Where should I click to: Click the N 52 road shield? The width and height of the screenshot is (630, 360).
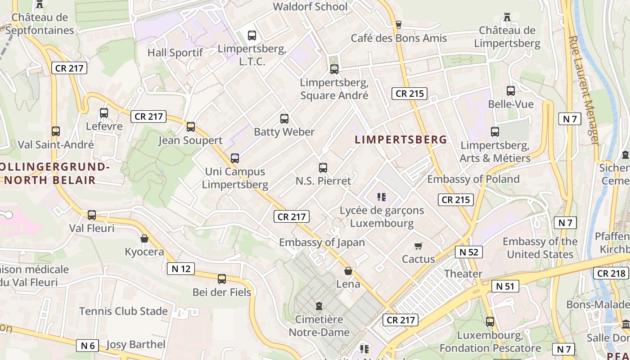pos(469,252)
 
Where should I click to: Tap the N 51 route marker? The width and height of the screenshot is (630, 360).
pos(505,286)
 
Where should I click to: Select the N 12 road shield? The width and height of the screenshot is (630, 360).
pos(181,269)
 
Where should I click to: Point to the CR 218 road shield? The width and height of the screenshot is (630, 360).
pos(612,273)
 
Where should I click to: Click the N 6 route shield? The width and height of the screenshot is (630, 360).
pos(88,345)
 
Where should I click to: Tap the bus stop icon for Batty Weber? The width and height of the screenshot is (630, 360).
pos(284,119)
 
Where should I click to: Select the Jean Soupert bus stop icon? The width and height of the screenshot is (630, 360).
pos(191,127)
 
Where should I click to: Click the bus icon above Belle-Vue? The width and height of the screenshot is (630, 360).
pos(511,91)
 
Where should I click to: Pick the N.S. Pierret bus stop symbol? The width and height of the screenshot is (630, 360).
pos(323,168)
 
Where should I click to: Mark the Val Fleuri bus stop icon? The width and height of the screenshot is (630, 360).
pos(92,215)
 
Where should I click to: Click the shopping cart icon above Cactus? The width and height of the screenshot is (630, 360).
pos(418,246)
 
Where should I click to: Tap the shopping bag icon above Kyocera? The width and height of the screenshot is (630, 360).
pos(144,238)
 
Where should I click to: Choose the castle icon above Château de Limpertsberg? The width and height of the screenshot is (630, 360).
pos(507,17)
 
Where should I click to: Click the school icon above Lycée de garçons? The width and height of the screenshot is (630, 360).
pos(382,197)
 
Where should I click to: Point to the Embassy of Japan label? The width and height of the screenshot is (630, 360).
pos(322,242)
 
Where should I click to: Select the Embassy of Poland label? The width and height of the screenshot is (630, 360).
pos(473,179)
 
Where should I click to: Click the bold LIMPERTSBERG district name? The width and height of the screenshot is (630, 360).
pos(400,139)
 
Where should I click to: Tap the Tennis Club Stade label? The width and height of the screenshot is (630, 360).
pos(123,311)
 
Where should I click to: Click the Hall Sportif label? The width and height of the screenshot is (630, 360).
pos(175,53)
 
